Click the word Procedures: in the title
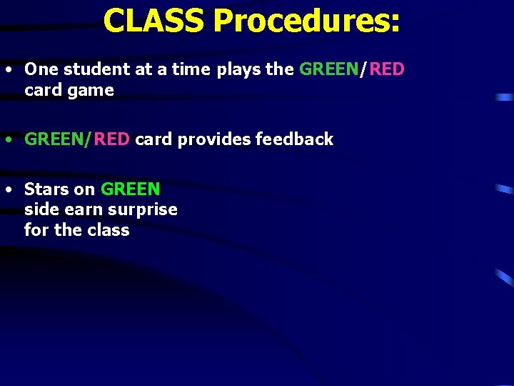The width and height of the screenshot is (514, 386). pyautogui.click(x=306, y=22)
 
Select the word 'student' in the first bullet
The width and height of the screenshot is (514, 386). pyautogui.click(x=93, y=69)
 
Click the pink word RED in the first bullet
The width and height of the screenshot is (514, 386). pyautogui.click(x=387, y=69)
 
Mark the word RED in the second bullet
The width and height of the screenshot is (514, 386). pyautogui.click(x=111, y=139)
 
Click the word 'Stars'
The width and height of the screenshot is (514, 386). pyautogui.click(x=47, y=189)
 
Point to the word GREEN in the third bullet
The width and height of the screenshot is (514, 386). pyautogui.click(x=131, y=189)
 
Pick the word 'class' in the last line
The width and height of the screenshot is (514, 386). pyautogui.click(x=108, y=230)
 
